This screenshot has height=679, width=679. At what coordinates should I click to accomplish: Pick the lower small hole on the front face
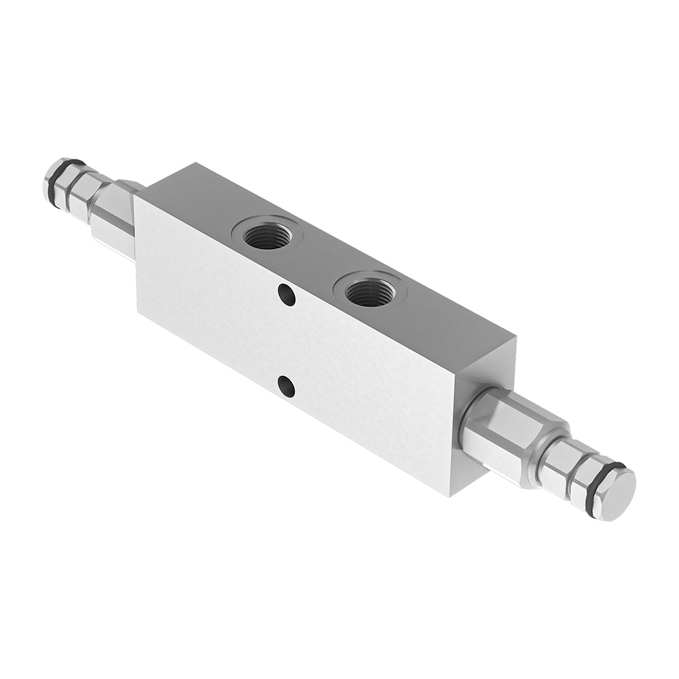pyautogui.click(x=287, y=388)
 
